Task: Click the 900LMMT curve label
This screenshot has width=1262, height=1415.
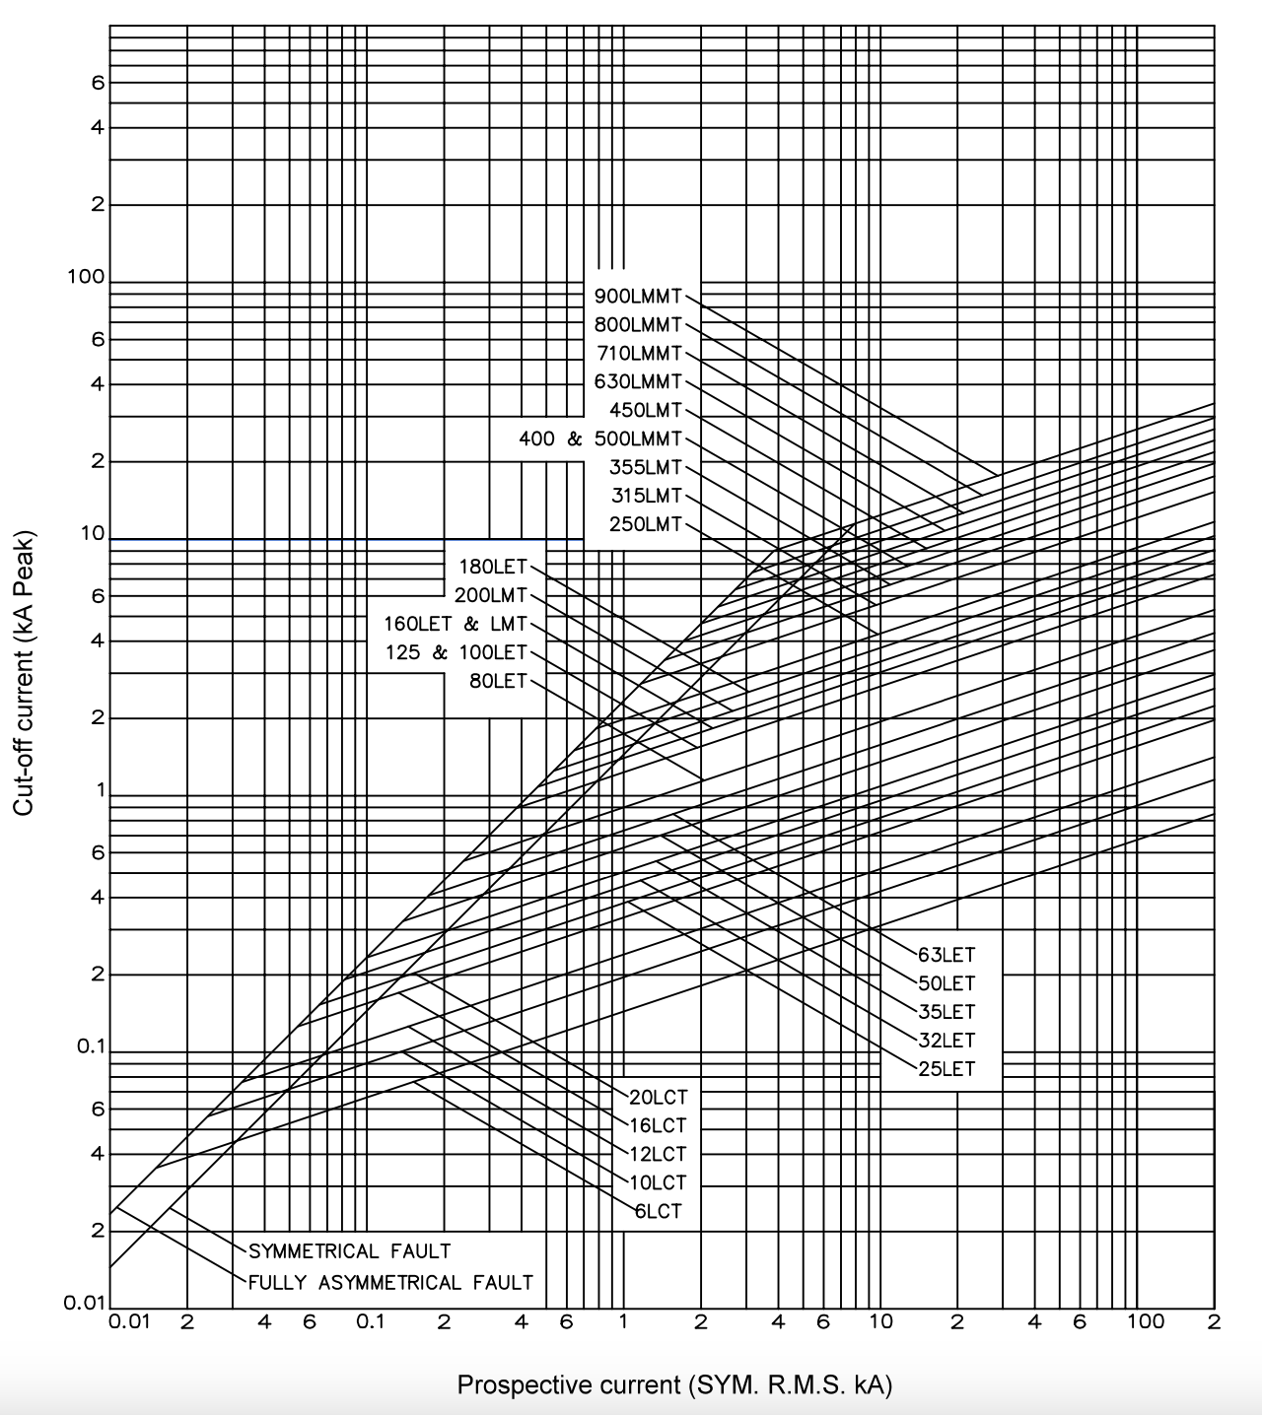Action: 638,297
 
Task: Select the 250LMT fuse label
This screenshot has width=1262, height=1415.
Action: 645,524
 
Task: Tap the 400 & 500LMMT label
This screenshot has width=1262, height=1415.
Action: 600,438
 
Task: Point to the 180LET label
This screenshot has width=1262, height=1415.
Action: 493,567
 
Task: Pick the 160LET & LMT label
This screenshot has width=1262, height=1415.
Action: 456,624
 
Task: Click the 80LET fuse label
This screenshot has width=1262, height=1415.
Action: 498,681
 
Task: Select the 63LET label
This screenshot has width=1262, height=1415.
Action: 946,955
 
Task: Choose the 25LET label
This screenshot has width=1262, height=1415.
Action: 946,1069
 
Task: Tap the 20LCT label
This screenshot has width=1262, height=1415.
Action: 659,1098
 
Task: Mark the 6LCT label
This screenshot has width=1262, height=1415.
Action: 659,1211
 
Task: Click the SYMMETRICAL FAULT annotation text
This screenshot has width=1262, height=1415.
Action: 350,1250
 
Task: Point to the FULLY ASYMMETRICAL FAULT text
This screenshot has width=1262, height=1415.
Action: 390,1282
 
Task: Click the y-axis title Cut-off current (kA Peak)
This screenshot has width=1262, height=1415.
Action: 23,673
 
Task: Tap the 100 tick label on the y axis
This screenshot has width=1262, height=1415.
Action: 85,277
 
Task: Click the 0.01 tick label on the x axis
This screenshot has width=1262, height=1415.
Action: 129,1322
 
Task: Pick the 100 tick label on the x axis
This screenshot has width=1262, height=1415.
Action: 1146,1321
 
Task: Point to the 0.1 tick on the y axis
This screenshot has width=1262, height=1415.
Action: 91,1046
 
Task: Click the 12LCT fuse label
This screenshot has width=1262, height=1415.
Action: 659,1154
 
